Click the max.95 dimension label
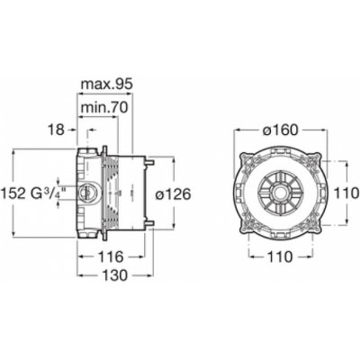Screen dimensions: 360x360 (106, 85)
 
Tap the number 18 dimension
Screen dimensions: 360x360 (56, 130)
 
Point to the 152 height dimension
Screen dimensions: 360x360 (13, 194)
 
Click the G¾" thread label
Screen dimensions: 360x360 (48, 193)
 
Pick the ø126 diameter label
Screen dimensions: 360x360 (173, 195)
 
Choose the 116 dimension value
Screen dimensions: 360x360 (111, 256)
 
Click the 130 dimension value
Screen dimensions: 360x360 (115, 275)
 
